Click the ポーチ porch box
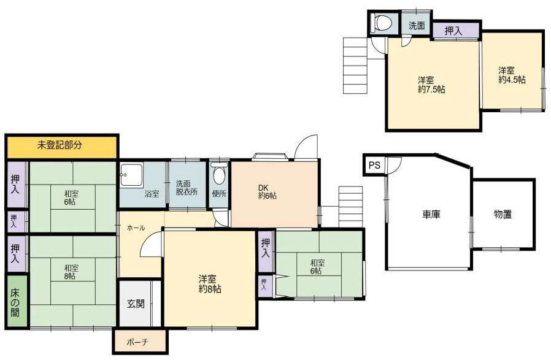(x=139, y=342)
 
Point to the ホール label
(x=136, y=228)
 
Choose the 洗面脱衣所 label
(x=187, y=187)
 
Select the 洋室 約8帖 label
(x=210, y=283)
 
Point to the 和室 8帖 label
(x=70, y=272)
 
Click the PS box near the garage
(x=374, y=165)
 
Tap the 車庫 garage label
(x=431, y=215)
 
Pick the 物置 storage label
(x=503, y=215)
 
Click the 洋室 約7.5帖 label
(x=431, y=84)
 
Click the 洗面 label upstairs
(x=417, y=26)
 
